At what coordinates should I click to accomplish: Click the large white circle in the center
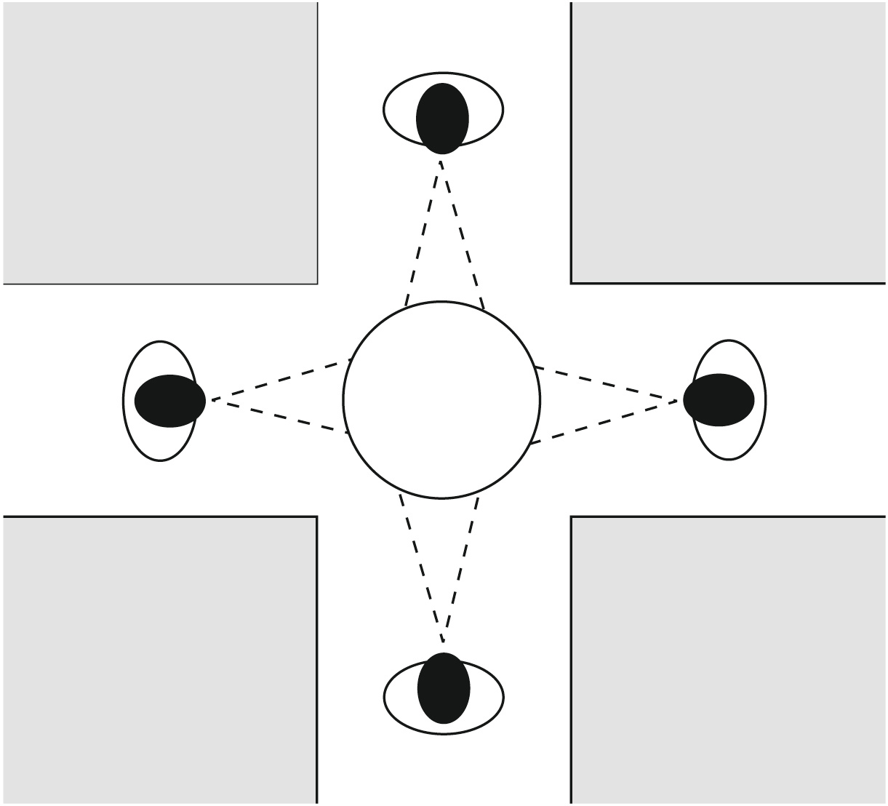pyautogui.click(x=441, y=399)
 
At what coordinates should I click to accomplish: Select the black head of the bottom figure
pyautogui.click(x=444, y=688)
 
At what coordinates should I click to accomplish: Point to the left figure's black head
pyautogui.click(x=170, y=401)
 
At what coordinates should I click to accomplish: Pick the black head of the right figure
pyautogui.click(x=719, y=399)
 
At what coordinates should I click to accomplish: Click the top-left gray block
pyautogui.click(x=160, y=142)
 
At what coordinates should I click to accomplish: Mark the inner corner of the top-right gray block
pyautogui.click(x=572, y=282)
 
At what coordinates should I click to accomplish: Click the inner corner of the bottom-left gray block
pyautogui.click(x=317, y=516)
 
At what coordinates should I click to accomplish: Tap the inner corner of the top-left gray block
pyautogui.click(x=317, y=282)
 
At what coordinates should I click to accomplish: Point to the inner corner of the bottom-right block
pyautogui.click(x=572, y=517)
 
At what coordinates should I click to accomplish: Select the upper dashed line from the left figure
pyautogui.click(x=280, y=380)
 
